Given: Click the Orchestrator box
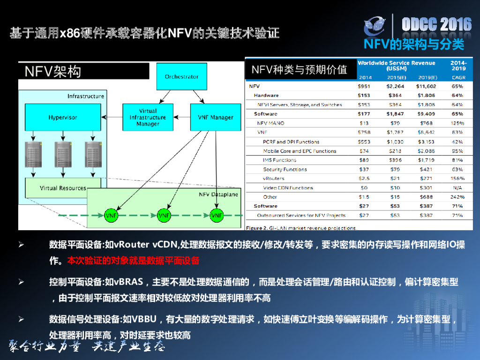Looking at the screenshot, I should coord(181,77).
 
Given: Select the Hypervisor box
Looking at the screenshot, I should coord(63,117).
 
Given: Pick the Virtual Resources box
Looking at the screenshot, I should coord(63,188).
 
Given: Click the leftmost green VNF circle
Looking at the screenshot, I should coord(111,216).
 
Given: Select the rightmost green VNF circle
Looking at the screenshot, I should coord(217,216).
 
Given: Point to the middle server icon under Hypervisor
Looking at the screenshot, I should coord(63,154).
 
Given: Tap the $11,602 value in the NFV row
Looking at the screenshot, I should coord(426,86).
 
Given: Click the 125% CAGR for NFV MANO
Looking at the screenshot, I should coord(457,123).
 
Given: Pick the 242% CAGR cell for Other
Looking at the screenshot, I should coord(457,197).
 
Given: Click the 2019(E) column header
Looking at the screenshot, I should coord(427,77).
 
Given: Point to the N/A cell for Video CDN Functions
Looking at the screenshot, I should coord(457,188).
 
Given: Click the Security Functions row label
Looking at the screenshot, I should coord(285,169).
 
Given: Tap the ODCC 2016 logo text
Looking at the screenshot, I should coord(436,24).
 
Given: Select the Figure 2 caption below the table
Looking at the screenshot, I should coord(300,228).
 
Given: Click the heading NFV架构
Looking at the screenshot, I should coord(53,71).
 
